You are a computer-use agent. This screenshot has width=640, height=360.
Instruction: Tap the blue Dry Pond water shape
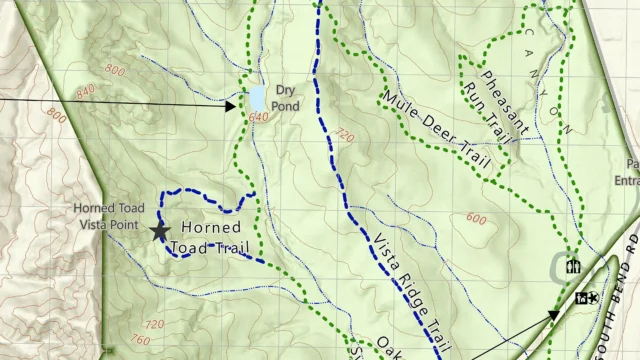click(257, 97)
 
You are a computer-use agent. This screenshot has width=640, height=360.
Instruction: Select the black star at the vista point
click(159, 231)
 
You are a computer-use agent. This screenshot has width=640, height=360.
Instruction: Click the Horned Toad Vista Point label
click(110, 215)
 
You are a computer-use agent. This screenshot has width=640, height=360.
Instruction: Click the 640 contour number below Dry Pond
click(260, 117)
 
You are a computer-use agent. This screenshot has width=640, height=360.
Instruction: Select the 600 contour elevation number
click(477, 219)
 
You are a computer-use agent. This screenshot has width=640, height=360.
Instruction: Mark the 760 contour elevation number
click(141, 341)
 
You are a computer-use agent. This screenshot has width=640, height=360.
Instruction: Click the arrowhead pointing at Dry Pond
click(232, 103)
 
